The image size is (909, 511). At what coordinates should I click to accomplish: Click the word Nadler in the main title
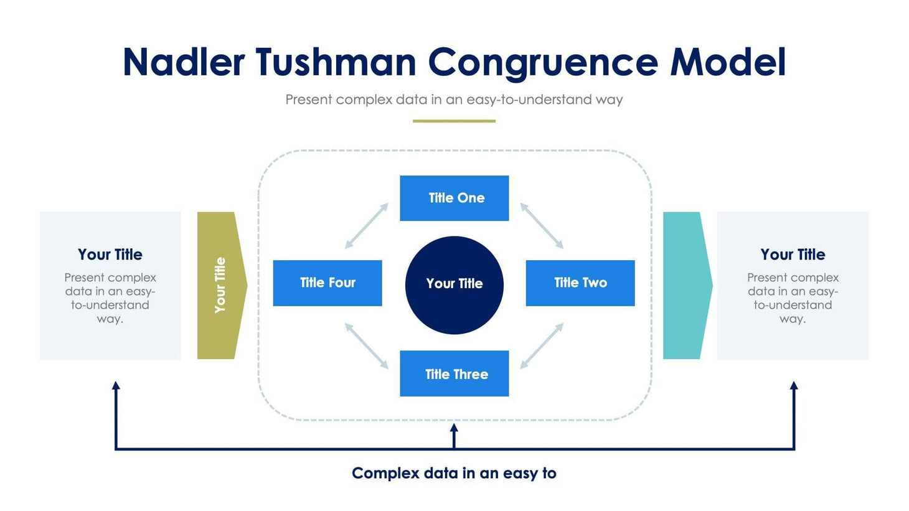coord(184,62)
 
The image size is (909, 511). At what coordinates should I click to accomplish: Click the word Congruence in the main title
coord(542,62)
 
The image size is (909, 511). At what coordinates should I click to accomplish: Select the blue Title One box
coord(454,198)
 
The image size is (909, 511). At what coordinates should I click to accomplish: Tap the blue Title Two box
coord(580,283)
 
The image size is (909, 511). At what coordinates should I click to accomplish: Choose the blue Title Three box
coord(454,373)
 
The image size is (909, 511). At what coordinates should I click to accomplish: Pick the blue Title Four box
coord(327,283)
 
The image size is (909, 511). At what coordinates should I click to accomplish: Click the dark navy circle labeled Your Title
coord(454,284)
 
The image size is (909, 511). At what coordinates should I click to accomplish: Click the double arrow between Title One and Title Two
coord(542,226)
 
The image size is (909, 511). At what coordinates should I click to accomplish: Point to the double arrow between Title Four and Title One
coord(367,226)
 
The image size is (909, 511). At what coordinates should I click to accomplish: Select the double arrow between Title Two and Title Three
coord(542,345)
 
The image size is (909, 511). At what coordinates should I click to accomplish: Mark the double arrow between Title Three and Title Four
coord(367,345)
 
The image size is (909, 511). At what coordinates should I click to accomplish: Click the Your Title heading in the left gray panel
coord(110,255)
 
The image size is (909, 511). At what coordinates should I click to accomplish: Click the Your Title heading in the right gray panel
coord(793,255)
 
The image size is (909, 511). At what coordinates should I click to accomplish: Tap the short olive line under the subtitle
coord(454,121)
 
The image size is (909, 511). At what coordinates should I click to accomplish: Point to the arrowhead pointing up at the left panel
coord(116,386)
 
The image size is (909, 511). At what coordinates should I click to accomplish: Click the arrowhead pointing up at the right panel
coord(794,386)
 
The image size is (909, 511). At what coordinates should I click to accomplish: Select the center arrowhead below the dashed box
coord(454,428)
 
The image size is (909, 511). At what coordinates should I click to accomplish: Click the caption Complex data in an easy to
coord(454,473)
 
